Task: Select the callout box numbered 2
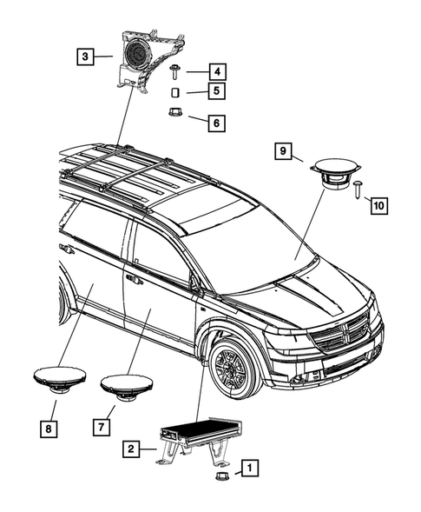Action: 129,449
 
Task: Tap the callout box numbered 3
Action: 84,57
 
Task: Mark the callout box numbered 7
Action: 102,425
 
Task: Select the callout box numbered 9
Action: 283,151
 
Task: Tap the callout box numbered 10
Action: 378,205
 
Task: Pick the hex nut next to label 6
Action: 174,113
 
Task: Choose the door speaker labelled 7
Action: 127,386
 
